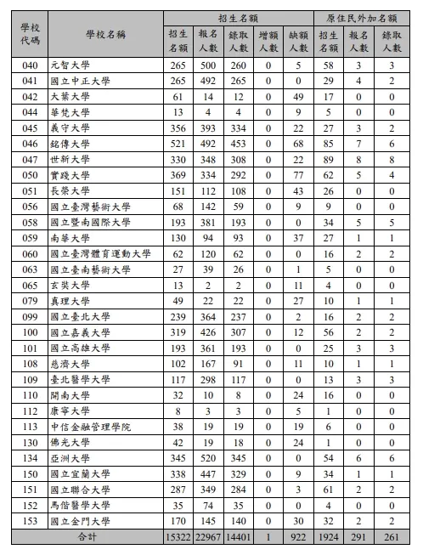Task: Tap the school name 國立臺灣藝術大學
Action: coord(90,206)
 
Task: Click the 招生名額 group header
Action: coord(240,17)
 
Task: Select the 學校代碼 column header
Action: coord(31,35)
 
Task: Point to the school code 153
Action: coord(31,520)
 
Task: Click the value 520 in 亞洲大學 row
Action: coord(209,458)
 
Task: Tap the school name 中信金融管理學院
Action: coord(90,427)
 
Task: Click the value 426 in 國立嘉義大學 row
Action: coord(209,332)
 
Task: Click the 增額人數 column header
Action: coord(268,42)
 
